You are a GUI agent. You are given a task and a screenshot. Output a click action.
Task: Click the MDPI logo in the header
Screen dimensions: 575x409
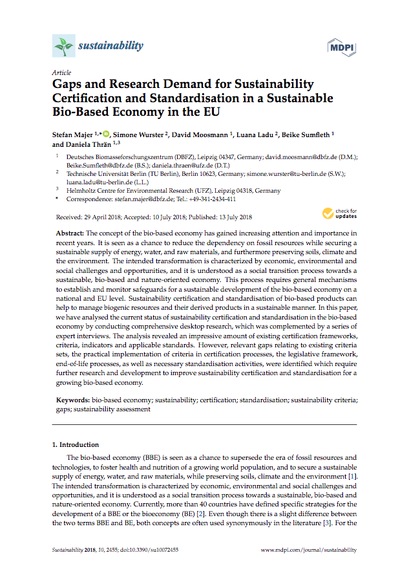point(342,47)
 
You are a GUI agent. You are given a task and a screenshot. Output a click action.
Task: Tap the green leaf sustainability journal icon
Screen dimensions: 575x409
point(63,46)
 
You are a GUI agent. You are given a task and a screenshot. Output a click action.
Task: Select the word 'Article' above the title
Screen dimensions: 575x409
point(61,72)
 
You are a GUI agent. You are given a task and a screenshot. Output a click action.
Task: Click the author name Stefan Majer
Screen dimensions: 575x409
point(73,134)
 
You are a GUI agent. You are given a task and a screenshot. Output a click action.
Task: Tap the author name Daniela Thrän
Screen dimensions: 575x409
point(89,144)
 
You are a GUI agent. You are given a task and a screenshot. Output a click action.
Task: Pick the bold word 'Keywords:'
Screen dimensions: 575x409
point(72,401)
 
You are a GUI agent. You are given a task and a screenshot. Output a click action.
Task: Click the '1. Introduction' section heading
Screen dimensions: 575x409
point(76,445)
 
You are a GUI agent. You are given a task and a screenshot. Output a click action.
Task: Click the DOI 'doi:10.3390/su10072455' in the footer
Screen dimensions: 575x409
point(148,550)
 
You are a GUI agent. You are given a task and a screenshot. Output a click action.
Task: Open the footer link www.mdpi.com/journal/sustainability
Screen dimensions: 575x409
point(308,550)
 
